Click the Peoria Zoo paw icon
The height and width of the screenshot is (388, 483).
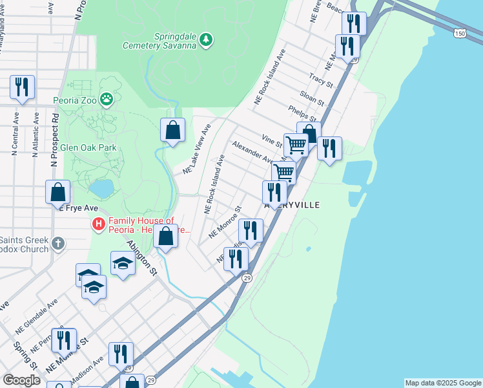[107, 100]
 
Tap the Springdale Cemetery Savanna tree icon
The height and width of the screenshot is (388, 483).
[206, 40]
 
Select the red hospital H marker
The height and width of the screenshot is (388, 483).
[99, 224]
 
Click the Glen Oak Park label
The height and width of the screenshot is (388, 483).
[88, 147]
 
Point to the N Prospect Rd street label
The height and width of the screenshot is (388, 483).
[56, 138]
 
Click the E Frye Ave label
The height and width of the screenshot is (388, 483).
[78, 208]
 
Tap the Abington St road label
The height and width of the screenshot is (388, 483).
[142, 258]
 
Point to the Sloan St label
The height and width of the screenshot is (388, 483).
[311, 98]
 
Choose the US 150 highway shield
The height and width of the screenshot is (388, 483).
[459, 33]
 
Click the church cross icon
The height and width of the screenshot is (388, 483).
[58, 244]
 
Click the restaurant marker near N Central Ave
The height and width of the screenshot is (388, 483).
[22, 87]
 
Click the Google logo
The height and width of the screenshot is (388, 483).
[21, 380]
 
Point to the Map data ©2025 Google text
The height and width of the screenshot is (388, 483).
[442, 383]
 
